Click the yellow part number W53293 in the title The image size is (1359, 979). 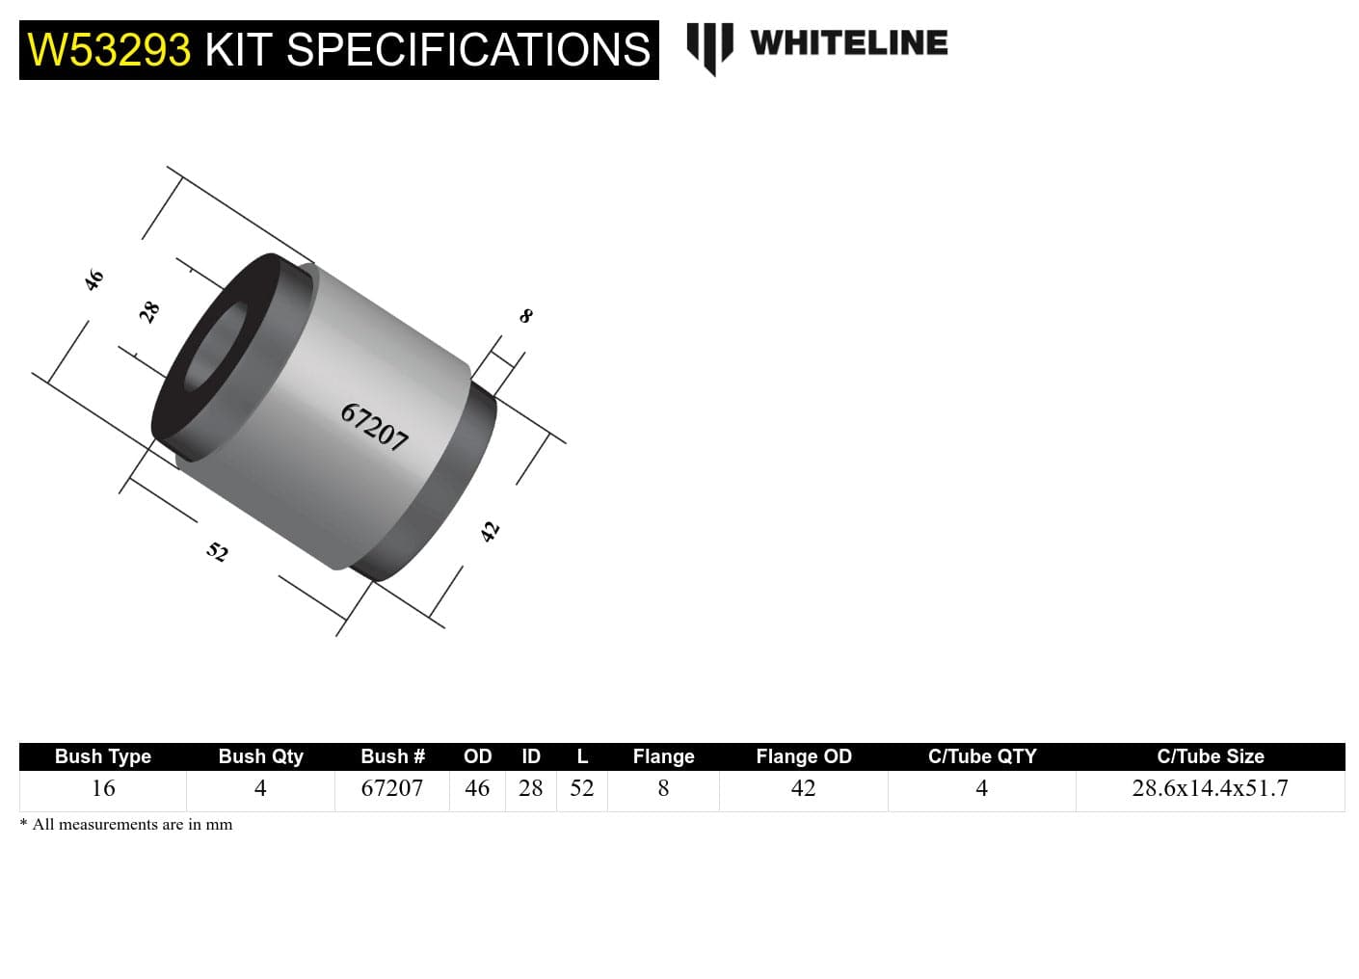(x=109, y=50)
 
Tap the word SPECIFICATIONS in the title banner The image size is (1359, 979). (x=468, y=50)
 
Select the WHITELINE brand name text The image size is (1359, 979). (x=848, y=43)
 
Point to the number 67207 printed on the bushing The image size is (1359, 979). (x=375, y=427)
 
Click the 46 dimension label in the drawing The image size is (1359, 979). (x=93, y=280)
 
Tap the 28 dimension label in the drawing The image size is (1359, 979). (x=149, y=311)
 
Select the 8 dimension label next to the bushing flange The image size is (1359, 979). (x=526, y=315)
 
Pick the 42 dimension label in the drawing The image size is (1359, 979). (x=491, y=531)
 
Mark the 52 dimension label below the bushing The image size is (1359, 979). (x=218, y=551)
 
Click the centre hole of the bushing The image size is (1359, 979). (x=214, y=349)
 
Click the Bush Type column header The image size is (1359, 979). (x=103, y=756)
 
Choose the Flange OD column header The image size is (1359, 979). (x=804, y=756)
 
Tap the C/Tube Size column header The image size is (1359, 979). (x=1210, y=756)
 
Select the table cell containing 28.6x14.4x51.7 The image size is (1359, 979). (x=1210, y=788)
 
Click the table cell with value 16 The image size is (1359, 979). (x=103, y=788)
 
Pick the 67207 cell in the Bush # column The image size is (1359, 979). (x=391, y=788)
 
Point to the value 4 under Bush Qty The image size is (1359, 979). (x=260, y=788)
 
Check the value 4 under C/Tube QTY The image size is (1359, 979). (x=981, y=788)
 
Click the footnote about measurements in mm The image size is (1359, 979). (x=126, y=825)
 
